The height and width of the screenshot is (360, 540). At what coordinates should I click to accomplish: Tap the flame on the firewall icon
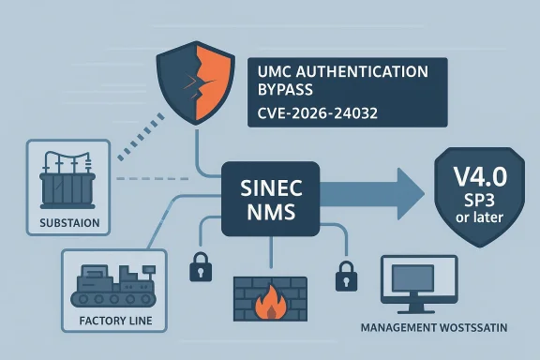tap(268, 303)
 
